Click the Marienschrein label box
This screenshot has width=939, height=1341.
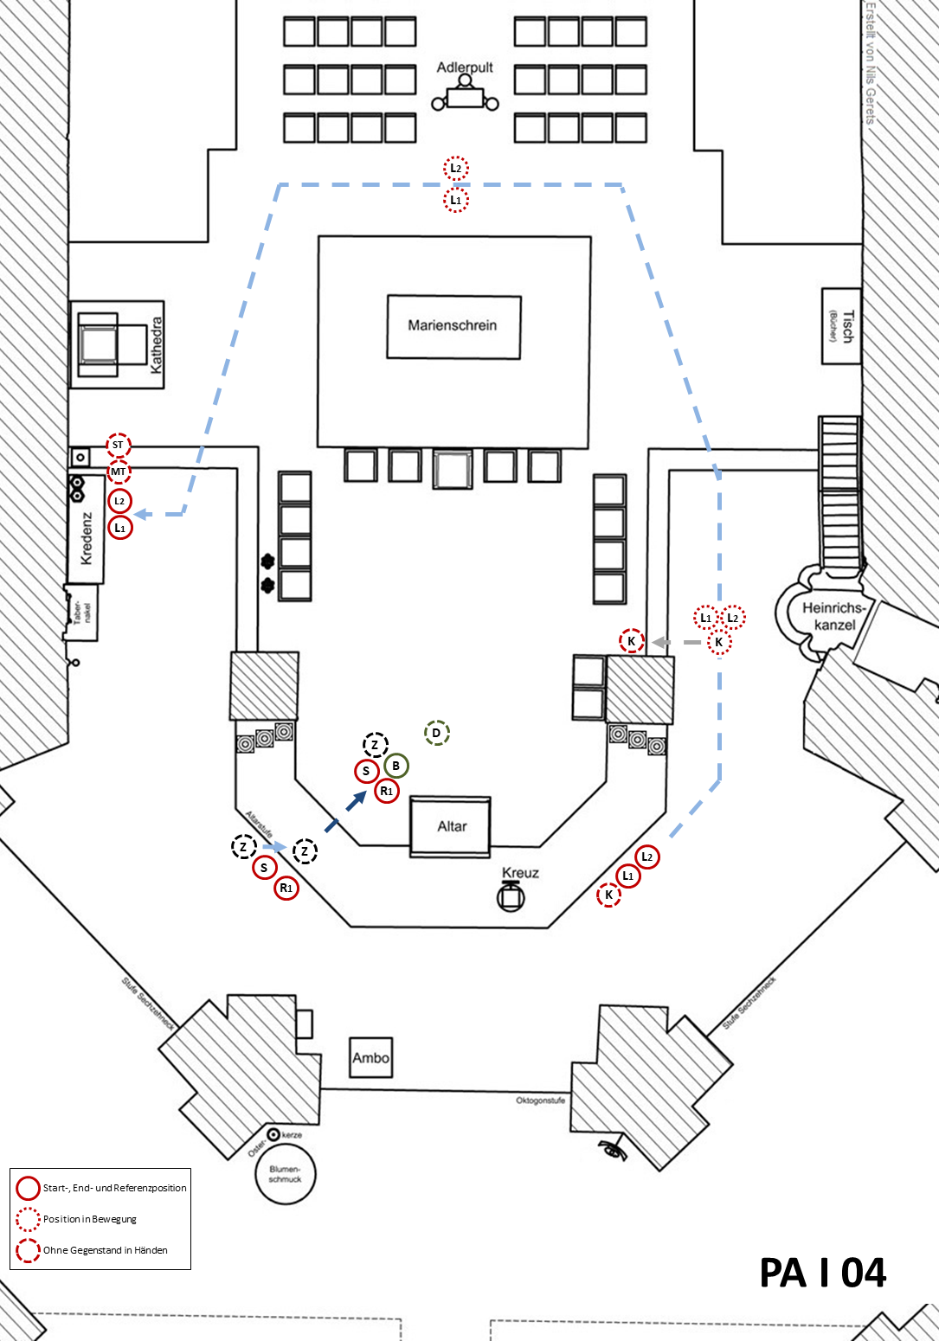pos(453,326)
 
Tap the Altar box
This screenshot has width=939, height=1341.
pos(451,826)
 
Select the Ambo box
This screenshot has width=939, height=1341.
pos(370,1057)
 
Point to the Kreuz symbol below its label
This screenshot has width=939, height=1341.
pos(511,897)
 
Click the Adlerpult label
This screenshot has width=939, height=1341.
pos(465,67)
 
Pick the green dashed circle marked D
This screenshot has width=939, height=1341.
pos(437,734)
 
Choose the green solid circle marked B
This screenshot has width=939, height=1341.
pos(396,766)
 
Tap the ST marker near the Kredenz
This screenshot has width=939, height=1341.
pos(119,446)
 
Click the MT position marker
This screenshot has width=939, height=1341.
pos(119,472)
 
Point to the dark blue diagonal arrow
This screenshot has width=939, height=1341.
pos(356,802)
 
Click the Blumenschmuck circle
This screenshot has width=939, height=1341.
pos(286,1174)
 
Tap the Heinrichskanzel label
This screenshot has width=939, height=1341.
pos(833,616)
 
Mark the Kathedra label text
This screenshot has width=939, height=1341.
pos(157,345)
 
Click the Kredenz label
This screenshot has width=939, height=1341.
pos(87,538)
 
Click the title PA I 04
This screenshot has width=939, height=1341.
pos(822,1273)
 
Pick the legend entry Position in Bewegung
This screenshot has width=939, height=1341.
pos(90,1219)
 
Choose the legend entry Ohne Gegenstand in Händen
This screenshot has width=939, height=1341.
pos(105,1250)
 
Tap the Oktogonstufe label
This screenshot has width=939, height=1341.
pos(540,1100)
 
